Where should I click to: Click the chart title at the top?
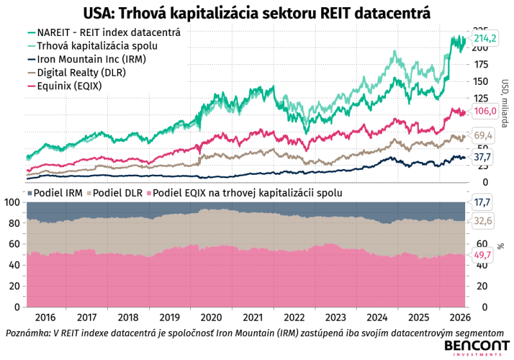256,14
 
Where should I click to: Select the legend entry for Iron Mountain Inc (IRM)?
87,59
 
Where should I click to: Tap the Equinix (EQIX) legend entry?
65,86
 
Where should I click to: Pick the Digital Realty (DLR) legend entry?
76,73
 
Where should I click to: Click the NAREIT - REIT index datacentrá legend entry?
104,32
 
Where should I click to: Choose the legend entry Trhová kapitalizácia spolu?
93,46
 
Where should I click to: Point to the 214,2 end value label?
485,39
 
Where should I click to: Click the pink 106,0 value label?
485,111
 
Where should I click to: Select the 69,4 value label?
483,136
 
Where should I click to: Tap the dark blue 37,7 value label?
483,157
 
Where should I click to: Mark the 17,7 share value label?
483,203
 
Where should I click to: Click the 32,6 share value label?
483,221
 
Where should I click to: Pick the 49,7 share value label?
483,255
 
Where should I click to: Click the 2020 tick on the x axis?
211,318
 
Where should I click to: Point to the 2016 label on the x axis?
45,318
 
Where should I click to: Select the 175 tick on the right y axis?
481,64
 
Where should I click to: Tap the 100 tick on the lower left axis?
12,203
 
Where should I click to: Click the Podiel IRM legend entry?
55,193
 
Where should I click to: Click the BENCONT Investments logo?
477,348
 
